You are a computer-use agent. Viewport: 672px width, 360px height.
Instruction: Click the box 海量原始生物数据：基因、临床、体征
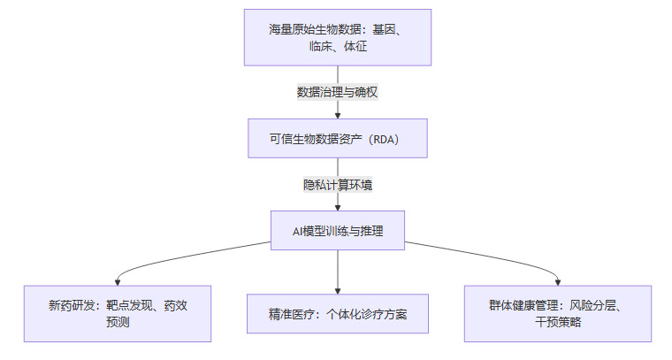338,37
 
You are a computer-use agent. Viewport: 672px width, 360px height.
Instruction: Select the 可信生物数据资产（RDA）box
338,138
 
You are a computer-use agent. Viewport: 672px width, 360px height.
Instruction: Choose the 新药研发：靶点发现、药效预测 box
118,313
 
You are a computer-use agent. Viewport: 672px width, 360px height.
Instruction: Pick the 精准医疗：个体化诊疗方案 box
338,314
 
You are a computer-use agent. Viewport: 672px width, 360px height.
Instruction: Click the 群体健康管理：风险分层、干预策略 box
557,313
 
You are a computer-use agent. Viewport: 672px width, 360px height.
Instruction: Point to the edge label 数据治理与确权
338,91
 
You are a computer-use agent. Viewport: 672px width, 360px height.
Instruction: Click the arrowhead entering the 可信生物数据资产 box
338,115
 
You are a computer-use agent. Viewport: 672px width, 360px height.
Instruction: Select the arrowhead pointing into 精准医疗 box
338,290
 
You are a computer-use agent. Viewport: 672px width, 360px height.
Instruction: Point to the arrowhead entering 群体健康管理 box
557,281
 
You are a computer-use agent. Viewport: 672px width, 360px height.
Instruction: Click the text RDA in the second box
386,138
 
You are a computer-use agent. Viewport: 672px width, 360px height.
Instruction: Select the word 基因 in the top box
386,29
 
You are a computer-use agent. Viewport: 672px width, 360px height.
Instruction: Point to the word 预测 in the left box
118,322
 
